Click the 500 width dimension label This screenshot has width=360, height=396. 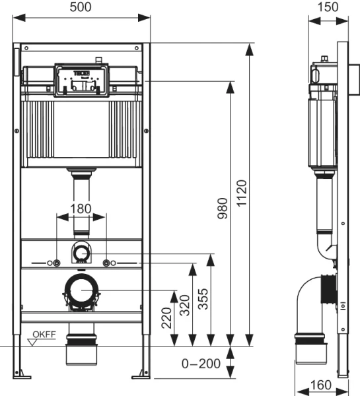(83, 7)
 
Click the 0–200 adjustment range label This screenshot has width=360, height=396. (201, 362)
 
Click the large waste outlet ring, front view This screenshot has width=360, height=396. (81, 290)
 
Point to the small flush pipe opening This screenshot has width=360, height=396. (81, 251)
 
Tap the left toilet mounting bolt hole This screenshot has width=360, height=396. (56, 263)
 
